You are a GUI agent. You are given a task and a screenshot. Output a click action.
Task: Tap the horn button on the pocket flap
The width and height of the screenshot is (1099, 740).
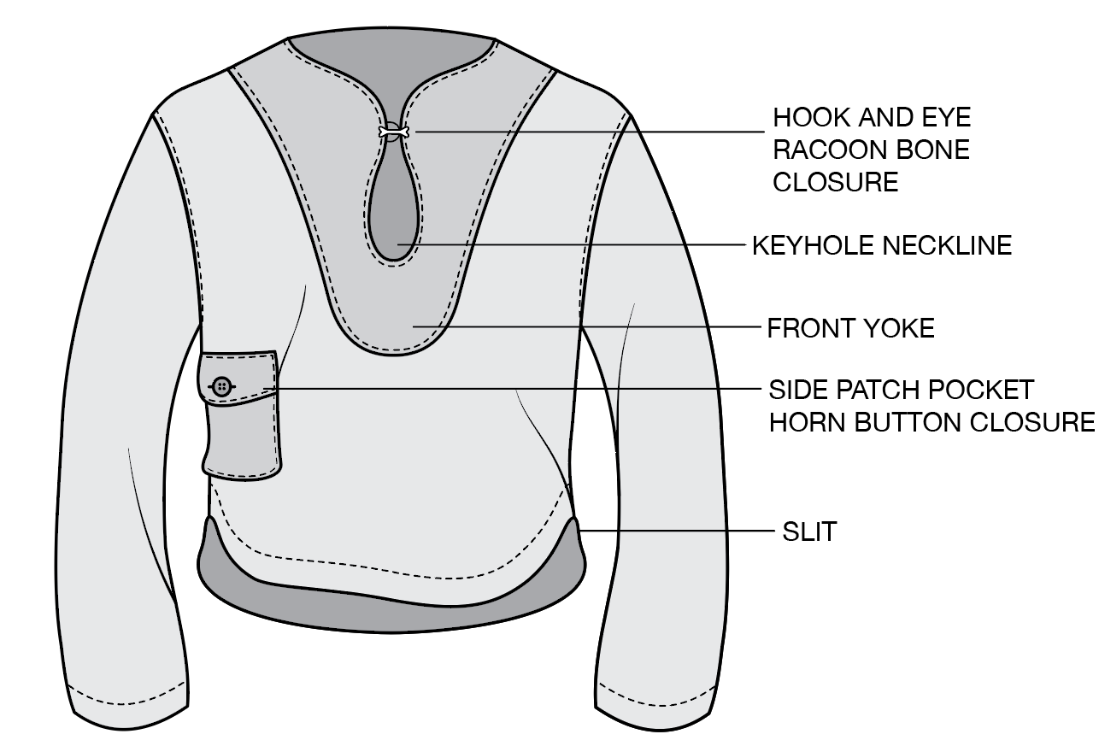pos(222,387)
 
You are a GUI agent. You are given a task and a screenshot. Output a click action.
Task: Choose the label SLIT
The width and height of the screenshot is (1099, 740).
pos(809,532)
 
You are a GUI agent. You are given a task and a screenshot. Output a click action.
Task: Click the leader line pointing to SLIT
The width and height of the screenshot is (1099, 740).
pos(675,531)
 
